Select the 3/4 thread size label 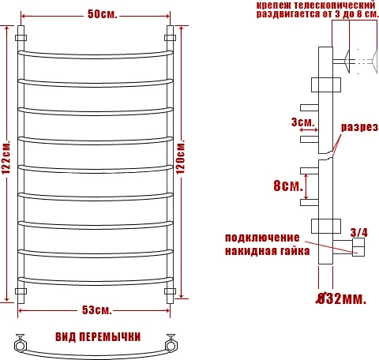358,231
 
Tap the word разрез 359,126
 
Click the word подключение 262,238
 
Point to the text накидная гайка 262,251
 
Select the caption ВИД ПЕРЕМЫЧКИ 93,336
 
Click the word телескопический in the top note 333,5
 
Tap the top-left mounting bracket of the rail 21,37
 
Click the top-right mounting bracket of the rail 169,37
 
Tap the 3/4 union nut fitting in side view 358,249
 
